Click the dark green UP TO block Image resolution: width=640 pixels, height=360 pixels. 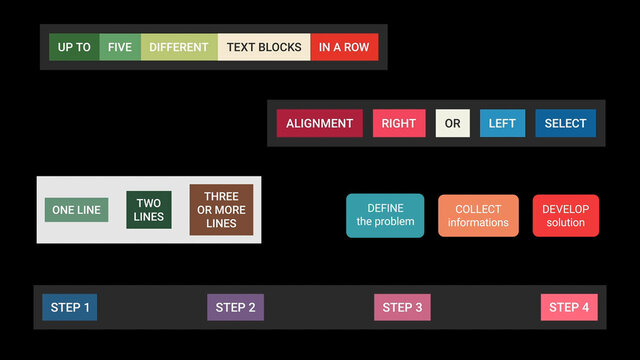74,47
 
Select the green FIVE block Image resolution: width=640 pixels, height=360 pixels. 120,47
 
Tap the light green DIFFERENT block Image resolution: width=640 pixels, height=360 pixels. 179,47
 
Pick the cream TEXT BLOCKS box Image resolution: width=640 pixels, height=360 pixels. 264,47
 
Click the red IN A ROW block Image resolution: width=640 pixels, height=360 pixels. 344,47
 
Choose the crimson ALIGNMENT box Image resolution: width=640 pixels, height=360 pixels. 319,123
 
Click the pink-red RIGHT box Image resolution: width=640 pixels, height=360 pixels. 399,123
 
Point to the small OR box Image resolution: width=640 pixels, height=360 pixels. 453,123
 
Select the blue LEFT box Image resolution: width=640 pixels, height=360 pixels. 502,123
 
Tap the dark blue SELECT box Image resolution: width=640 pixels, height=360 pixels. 565,123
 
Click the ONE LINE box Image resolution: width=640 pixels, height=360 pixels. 76,210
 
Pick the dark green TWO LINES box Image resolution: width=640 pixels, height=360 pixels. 149,210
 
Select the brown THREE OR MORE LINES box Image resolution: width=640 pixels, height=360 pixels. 221,210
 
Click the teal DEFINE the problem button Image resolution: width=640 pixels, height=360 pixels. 385,215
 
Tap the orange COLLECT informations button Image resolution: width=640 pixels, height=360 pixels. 478,215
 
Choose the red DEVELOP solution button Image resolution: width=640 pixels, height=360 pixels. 565,215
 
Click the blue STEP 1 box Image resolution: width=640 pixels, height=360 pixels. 70,307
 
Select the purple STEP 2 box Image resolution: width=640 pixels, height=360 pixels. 235,307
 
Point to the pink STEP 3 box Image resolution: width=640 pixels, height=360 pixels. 402,307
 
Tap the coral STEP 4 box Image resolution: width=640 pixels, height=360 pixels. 569,307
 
